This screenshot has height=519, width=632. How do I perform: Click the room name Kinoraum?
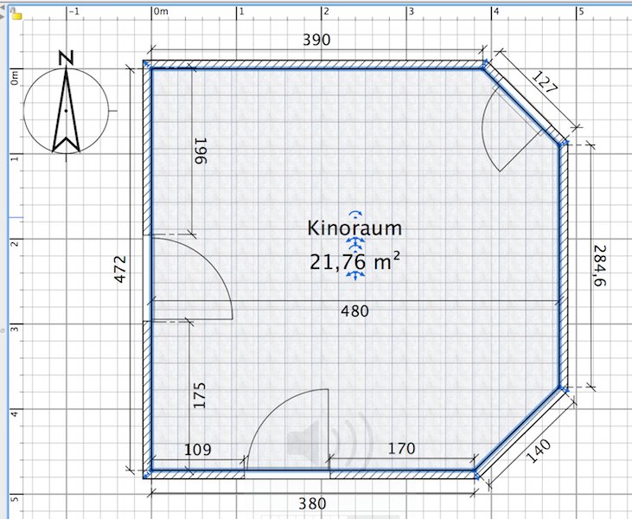click(354, 227)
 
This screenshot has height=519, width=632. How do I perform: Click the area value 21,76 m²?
click(354, 260)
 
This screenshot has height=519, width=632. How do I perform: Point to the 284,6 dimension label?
click(599, 266)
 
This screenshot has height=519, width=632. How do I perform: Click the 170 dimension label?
click(401, 448)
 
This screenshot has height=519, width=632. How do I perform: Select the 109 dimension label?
click(198, 449)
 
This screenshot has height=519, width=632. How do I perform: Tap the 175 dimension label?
click(200, 395)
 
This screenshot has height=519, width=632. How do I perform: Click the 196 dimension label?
click(201, 152)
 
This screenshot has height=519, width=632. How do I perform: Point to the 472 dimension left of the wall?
click(121, 269)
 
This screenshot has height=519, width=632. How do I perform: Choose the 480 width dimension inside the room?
click(352, 311)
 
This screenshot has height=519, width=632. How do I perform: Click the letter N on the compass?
click(65, 58)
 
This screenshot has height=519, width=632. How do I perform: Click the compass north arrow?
click(65, 112)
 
